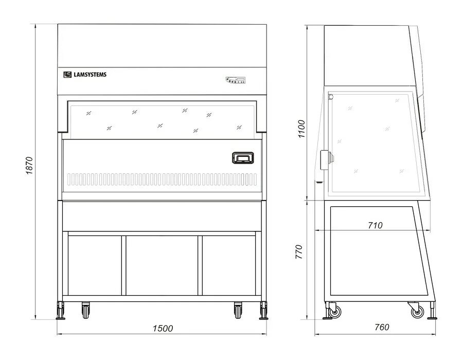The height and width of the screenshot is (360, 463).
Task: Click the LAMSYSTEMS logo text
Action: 90,75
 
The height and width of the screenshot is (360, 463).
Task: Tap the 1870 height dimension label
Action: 29,166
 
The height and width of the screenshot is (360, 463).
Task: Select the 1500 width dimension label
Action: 163,328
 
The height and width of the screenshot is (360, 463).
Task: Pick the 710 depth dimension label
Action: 375,225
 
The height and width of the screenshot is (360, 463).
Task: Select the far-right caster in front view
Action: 264,310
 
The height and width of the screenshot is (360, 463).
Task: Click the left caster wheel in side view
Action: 334,311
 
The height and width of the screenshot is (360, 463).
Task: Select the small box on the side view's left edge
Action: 324,159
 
